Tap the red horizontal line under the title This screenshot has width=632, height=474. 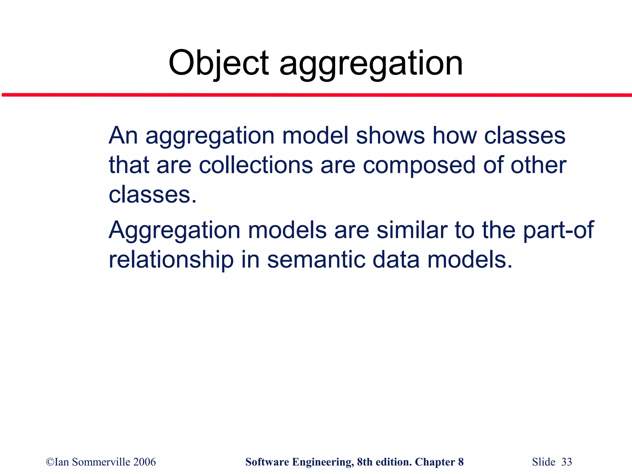[x=316, y=95]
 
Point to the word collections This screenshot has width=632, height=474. [x=256, y=165]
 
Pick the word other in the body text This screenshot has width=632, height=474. [x=538, y=165]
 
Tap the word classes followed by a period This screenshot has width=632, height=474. [x=152, y=195]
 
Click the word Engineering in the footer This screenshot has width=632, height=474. [x=323, y=462]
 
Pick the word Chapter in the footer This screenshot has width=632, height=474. [x=435, y=462]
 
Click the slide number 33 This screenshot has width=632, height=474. [x=567, y=462]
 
